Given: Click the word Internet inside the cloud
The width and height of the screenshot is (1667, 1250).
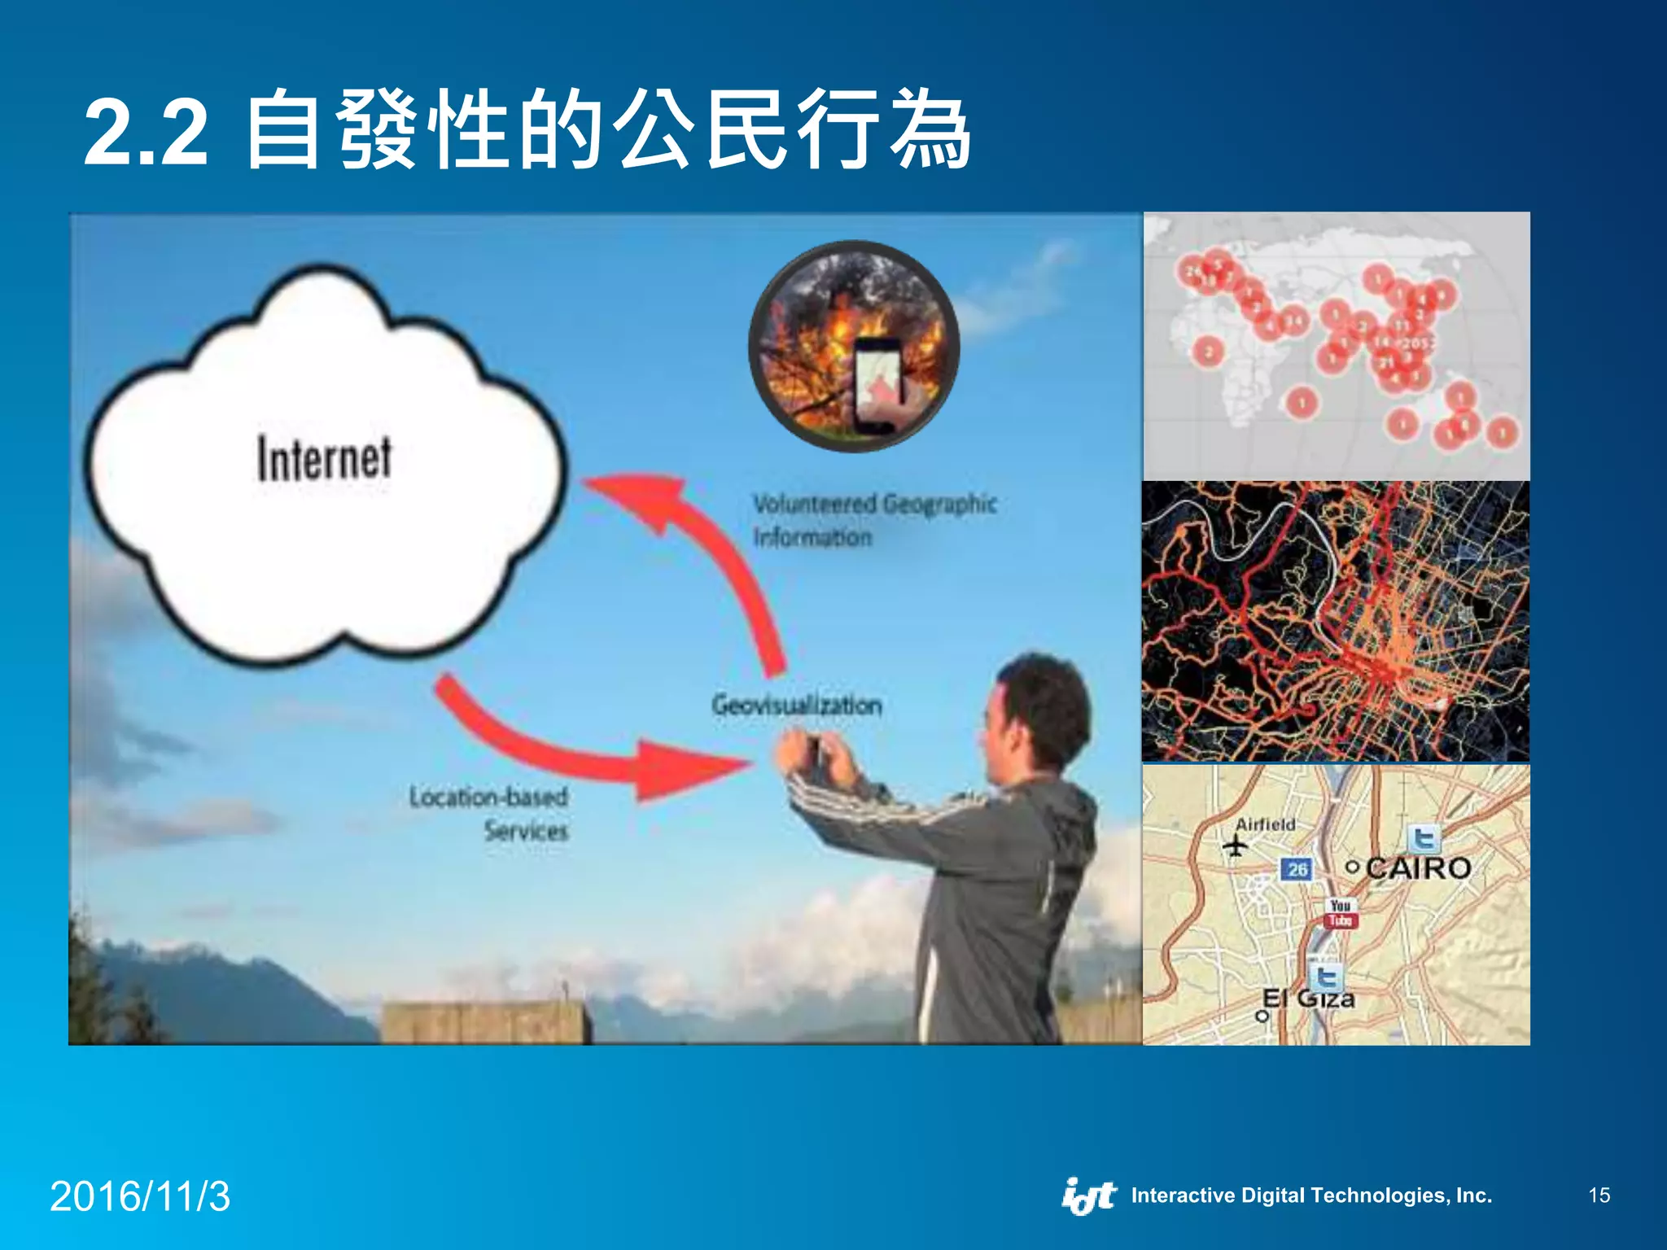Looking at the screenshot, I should tap(324, 458).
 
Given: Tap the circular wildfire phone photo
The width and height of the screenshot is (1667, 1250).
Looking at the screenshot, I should tap(854, 347).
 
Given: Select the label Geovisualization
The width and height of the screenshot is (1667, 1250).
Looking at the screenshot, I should tap(796, 705).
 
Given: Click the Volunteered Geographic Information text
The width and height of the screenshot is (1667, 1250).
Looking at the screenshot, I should tap(873, 520).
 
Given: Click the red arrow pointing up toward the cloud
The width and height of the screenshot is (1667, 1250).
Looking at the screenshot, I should tap(700, 553).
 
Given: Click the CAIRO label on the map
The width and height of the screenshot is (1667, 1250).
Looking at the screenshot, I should tap(1418, 868).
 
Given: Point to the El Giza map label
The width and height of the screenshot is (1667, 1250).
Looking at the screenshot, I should tap(1309, 999).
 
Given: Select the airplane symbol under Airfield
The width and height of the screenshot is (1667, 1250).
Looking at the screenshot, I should tap(1235, 846).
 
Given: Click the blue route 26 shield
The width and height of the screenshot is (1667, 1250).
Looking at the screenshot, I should tap(1297, 869).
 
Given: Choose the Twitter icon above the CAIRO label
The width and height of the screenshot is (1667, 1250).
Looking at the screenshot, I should tap(1424, 838).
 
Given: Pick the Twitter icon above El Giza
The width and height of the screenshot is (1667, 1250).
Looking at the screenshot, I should tap(1326, 974).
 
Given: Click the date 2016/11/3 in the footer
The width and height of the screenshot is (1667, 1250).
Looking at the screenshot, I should tap(140, 1196).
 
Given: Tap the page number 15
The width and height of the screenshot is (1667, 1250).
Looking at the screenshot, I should tap(1599, 1195).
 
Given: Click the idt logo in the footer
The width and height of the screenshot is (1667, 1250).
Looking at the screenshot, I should tap(1089, 1195).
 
